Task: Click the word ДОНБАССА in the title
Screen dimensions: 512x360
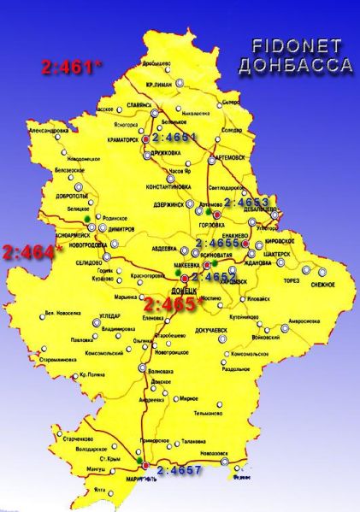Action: coord(296,66)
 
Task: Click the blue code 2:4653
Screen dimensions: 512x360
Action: coord(246,203)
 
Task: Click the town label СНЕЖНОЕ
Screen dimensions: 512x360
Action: coord(323,284)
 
